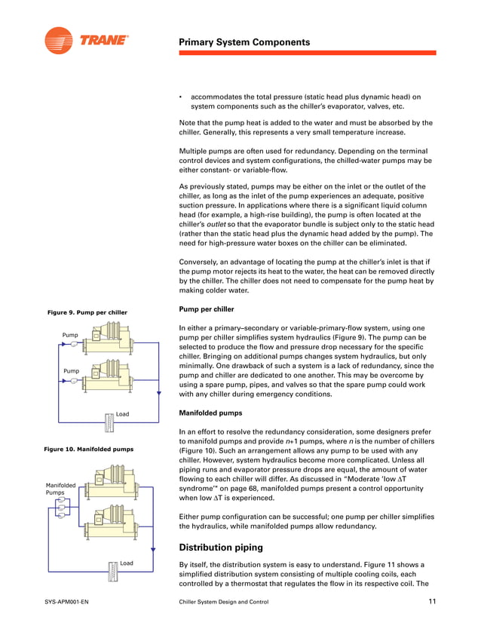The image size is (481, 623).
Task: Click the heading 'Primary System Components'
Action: coord(244,42)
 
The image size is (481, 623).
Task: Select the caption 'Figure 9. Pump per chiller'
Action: coord(87,312)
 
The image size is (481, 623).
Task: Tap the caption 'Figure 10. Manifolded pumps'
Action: coord(90,449)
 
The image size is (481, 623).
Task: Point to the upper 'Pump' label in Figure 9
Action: coord(70,334)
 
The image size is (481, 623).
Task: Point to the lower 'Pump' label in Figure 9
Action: coord(70,371)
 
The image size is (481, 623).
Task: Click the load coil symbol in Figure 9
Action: coord(108,420)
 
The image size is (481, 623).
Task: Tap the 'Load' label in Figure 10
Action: coord(126,563)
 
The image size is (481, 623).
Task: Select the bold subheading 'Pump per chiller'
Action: coord(206,309)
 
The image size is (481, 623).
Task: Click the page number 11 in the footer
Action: coord(432,601)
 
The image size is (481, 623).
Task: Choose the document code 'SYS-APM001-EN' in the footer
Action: coord(67,602)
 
